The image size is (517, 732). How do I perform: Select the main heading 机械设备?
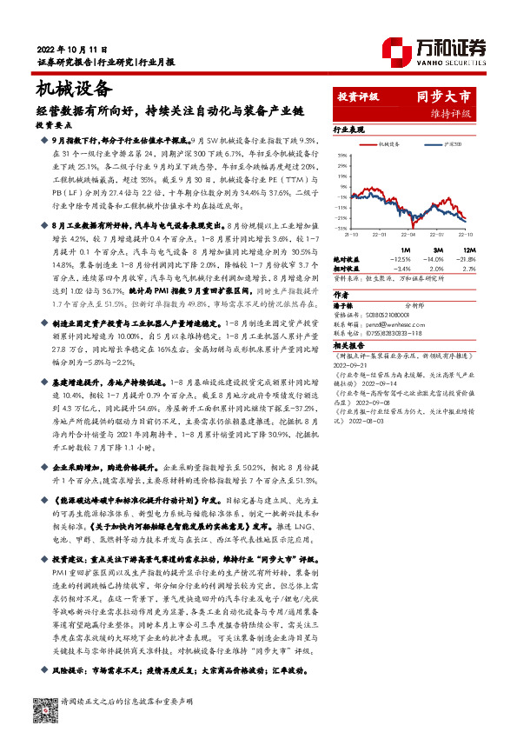click(x=75, y=88)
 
